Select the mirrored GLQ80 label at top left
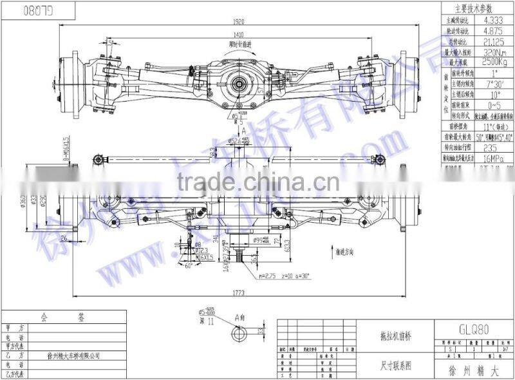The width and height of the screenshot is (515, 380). (x=39, y=11)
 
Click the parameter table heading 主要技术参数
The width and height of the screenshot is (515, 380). (x=474, y=9)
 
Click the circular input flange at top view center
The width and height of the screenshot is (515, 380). (x=240, y=83)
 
